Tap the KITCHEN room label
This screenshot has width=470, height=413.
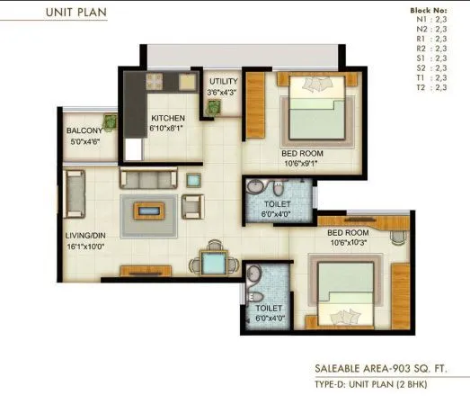point(168,118)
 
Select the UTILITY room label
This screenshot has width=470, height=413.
point(223,82)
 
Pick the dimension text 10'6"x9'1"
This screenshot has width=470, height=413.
point(302,164)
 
